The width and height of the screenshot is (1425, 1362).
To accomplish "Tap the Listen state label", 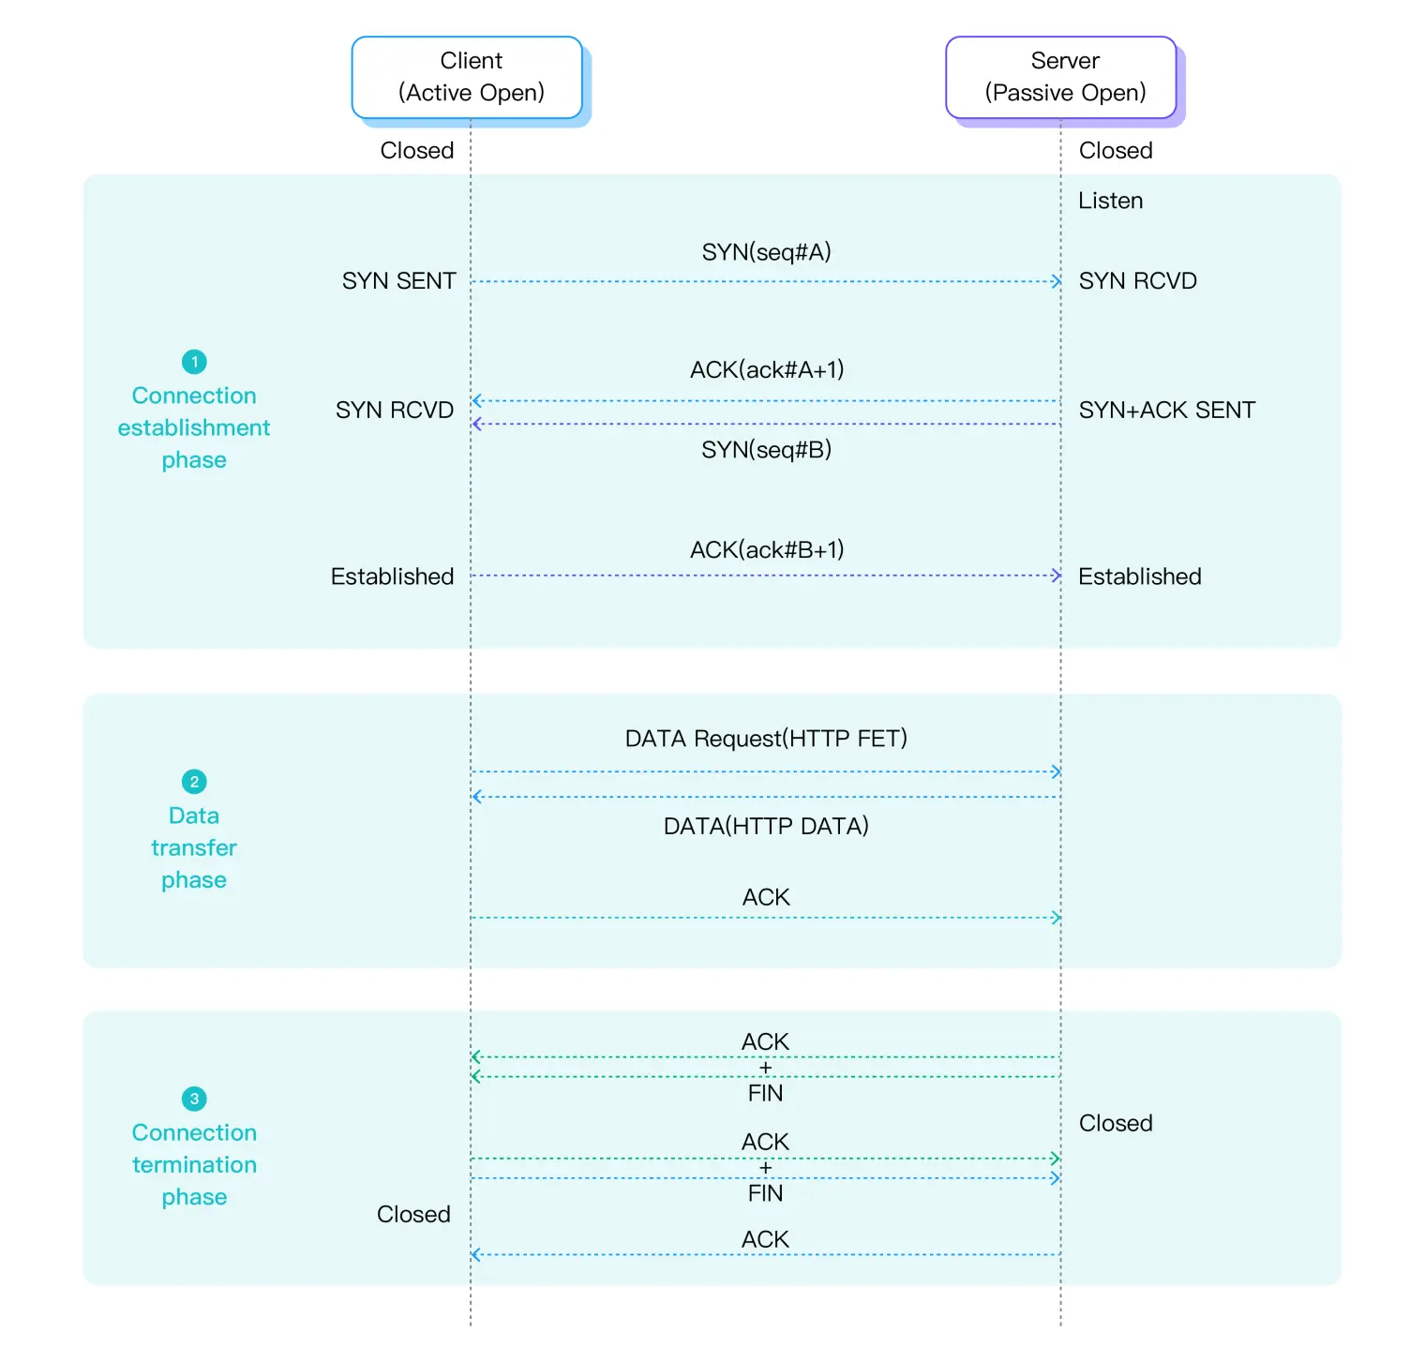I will tap(1110, 201).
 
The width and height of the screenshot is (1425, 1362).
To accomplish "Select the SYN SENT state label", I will tap(398, 281).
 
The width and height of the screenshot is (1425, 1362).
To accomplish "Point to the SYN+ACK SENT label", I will tap(1166, 410).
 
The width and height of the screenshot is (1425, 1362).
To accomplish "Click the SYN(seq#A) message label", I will tap(766, 252).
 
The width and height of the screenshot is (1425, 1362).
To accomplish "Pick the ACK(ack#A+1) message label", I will tap(766, 369).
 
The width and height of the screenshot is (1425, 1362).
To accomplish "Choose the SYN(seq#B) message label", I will tap(766, 450).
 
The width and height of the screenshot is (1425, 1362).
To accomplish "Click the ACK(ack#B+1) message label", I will tap(766, 549).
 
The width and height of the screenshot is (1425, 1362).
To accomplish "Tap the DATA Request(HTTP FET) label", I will tap(766, 739).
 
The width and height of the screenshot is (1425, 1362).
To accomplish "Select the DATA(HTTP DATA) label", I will tap(766, 826).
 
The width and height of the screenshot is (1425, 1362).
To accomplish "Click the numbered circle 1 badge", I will tap(194, 362).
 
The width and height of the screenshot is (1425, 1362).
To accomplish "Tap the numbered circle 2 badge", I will tap(194, 782).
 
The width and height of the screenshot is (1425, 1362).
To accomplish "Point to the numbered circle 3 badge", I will tap(194, 1099).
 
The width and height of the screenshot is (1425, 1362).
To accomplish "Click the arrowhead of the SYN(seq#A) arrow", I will tap(1057, 281).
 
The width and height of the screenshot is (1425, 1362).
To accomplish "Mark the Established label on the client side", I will tap(392, 576).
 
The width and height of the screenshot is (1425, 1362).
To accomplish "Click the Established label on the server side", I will tap(1139, 576).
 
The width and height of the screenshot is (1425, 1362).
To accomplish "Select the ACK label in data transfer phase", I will tap(766, 897).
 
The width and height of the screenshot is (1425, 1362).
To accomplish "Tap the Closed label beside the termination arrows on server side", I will tap(1115, 1123).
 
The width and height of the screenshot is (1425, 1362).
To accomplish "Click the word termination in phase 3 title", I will tap(194, 1164).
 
